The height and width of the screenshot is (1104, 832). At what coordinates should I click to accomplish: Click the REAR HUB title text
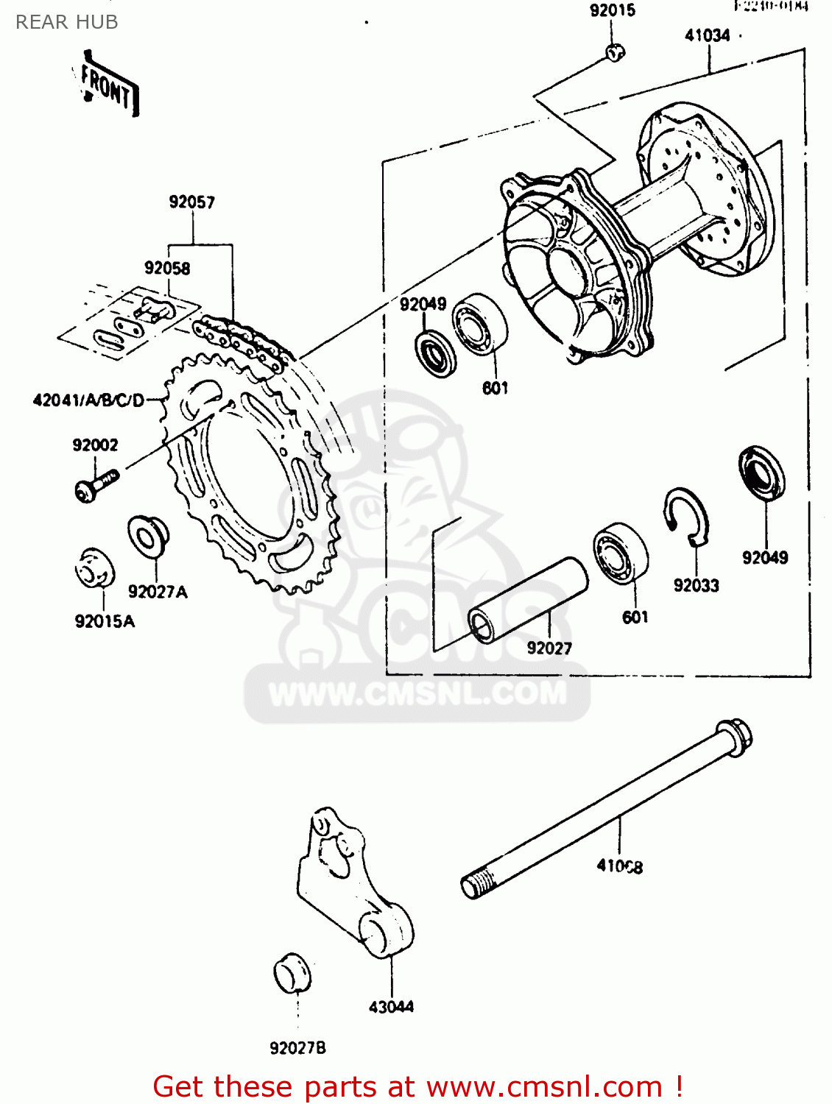(66, 22)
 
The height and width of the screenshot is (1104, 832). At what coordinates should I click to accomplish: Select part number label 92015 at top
(612, 10)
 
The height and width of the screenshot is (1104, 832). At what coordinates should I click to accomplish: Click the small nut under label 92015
(615, 52)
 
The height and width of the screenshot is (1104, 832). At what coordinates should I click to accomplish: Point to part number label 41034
(707, 35)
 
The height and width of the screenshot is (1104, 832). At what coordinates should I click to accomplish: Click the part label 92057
(191, 202)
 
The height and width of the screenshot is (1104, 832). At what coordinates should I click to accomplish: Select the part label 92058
(167, 268)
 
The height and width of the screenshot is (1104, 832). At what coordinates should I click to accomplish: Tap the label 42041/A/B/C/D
(88, 400)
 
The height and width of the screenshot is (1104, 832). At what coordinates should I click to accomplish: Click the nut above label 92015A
(95, 568)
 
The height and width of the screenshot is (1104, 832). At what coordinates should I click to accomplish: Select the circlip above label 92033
(688, 516)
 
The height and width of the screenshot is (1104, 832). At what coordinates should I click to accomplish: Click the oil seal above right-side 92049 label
(761, 473)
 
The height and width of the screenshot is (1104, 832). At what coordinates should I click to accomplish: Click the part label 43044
(391, 1006)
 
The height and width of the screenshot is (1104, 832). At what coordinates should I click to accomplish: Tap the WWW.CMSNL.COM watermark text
(417, 693)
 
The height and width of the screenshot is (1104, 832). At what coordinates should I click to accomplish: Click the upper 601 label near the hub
(495, 387)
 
